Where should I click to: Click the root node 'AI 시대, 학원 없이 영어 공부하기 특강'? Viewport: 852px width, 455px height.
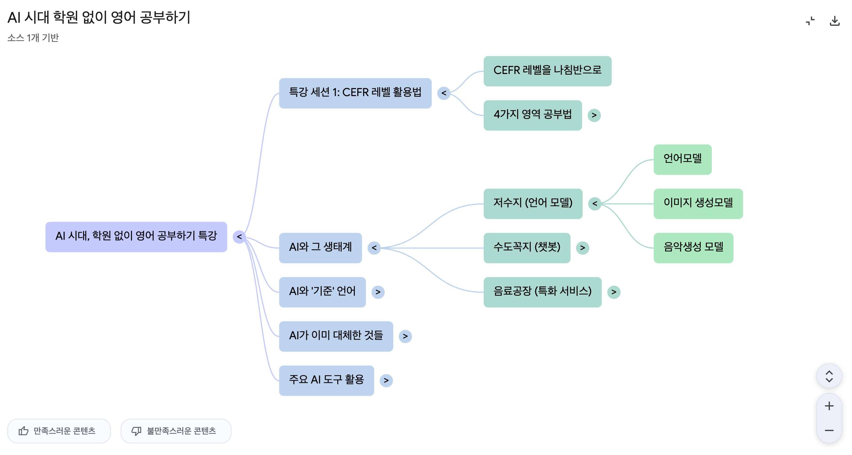(x=136, y=237)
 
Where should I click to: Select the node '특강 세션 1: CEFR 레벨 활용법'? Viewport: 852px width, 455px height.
(x=355, y=93)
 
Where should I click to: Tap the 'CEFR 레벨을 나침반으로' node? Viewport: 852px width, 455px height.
(x=547, y=71)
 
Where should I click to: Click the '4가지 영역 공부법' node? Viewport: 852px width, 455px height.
(x=532, y=115)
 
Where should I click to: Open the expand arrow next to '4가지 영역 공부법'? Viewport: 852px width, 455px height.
(x=594, y=115)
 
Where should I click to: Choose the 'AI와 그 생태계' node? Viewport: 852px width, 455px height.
(x=320, y=247)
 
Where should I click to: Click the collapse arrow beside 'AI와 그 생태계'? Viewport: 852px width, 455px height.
(x=374, y=247)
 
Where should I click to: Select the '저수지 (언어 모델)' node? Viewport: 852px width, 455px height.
(x=532, y=204)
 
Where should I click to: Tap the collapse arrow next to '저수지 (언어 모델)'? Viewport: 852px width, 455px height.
(x=594, y=204)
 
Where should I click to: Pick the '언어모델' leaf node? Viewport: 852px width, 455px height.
(x=682, y=159)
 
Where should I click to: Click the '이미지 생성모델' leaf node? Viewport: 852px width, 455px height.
(x=698, y=204)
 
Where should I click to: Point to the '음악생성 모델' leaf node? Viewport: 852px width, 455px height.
(x=693, y=247)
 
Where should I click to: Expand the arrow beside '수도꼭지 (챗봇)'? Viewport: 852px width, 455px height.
(x=582, y=247)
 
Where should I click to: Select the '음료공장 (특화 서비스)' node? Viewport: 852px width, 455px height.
(x=542, y=292)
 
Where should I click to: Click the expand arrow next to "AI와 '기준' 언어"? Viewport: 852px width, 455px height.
(x=378, y=292)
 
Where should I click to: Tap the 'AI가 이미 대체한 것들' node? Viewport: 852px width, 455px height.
(x=336, y=336)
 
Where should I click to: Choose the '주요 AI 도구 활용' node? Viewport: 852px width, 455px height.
(x=326, y=380)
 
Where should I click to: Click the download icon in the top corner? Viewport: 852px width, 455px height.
(x=834, y=21)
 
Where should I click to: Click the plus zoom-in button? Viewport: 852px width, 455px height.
(x=829, y=406)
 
